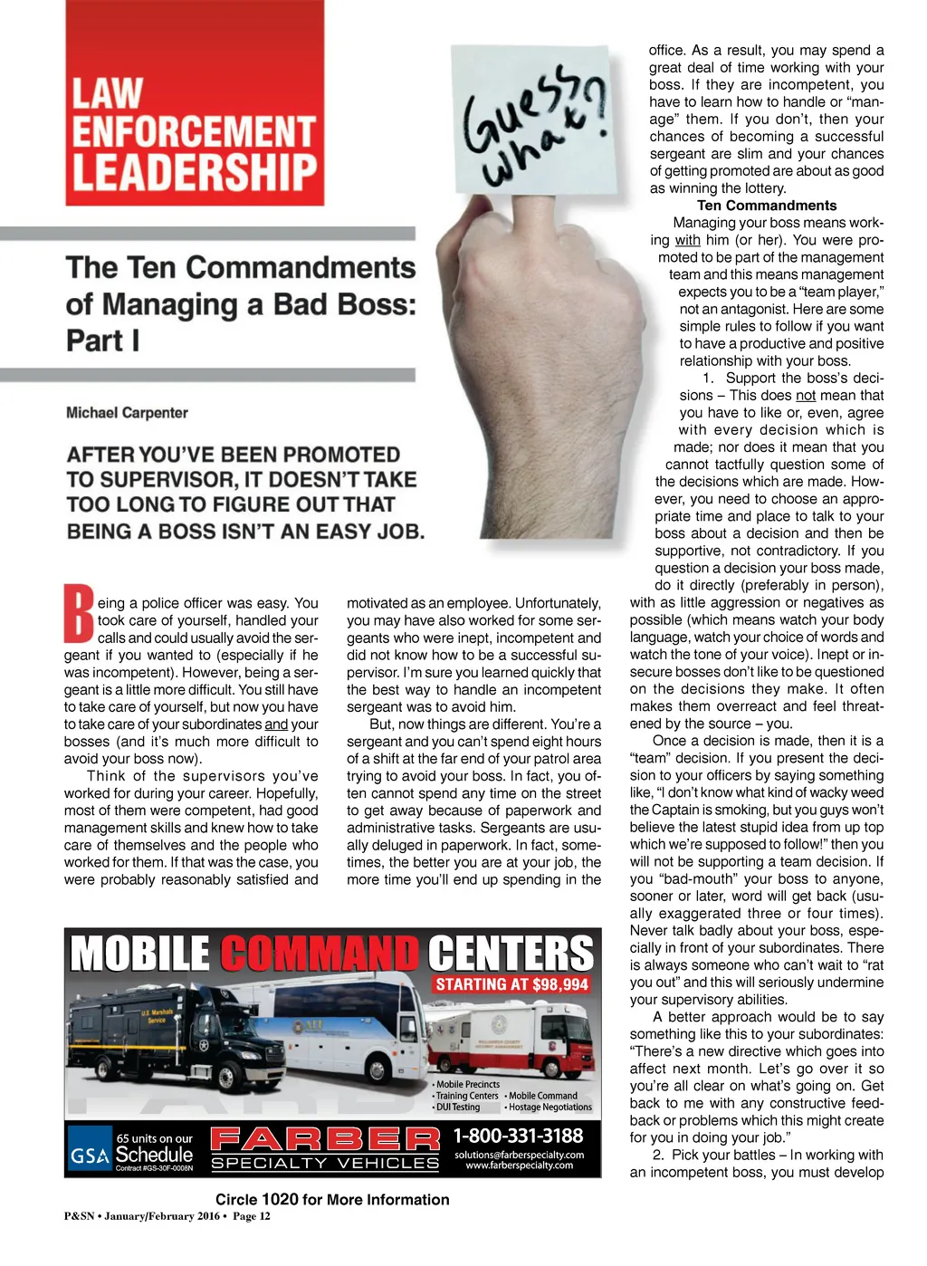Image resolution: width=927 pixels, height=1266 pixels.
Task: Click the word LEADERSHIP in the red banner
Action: (x=195, y=172)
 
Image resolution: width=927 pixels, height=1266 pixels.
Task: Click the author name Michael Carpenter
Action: (x=127, y=413)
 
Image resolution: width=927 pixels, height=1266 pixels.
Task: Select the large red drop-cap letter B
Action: (x=79, y=615)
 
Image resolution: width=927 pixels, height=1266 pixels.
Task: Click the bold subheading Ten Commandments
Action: (x=767, y=206)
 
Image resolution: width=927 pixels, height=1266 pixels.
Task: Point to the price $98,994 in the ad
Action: (x=559, y=984)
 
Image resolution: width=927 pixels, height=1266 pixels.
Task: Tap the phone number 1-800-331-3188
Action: (x=518, y=1136)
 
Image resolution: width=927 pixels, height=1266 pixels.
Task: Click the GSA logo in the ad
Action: (x=90, y=1156)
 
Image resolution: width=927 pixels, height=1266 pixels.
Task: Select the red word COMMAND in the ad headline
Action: (x=320, y=954)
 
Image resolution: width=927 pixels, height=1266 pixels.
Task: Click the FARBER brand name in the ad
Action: (x=325, y=1138)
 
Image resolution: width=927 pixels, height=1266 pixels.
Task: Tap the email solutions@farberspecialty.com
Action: (x=519, y=1155)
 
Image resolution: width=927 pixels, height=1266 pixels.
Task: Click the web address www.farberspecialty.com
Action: (x=519, y=1165)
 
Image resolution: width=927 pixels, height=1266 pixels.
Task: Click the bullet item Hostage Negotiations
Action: (x=550, y=1107)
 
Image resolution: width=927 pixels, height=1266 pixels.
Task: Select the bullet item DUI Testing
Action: (x=457, y=1107)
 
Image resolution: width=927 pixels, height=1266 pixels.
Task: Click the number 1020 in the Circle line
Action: (x=280, y=1199)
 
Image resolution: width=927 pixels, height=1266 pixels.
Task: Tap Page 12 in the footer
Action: (x=252, y=1216)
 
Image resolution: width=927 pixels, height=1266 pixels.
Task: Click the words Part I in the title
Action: (x=103, y=341)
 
